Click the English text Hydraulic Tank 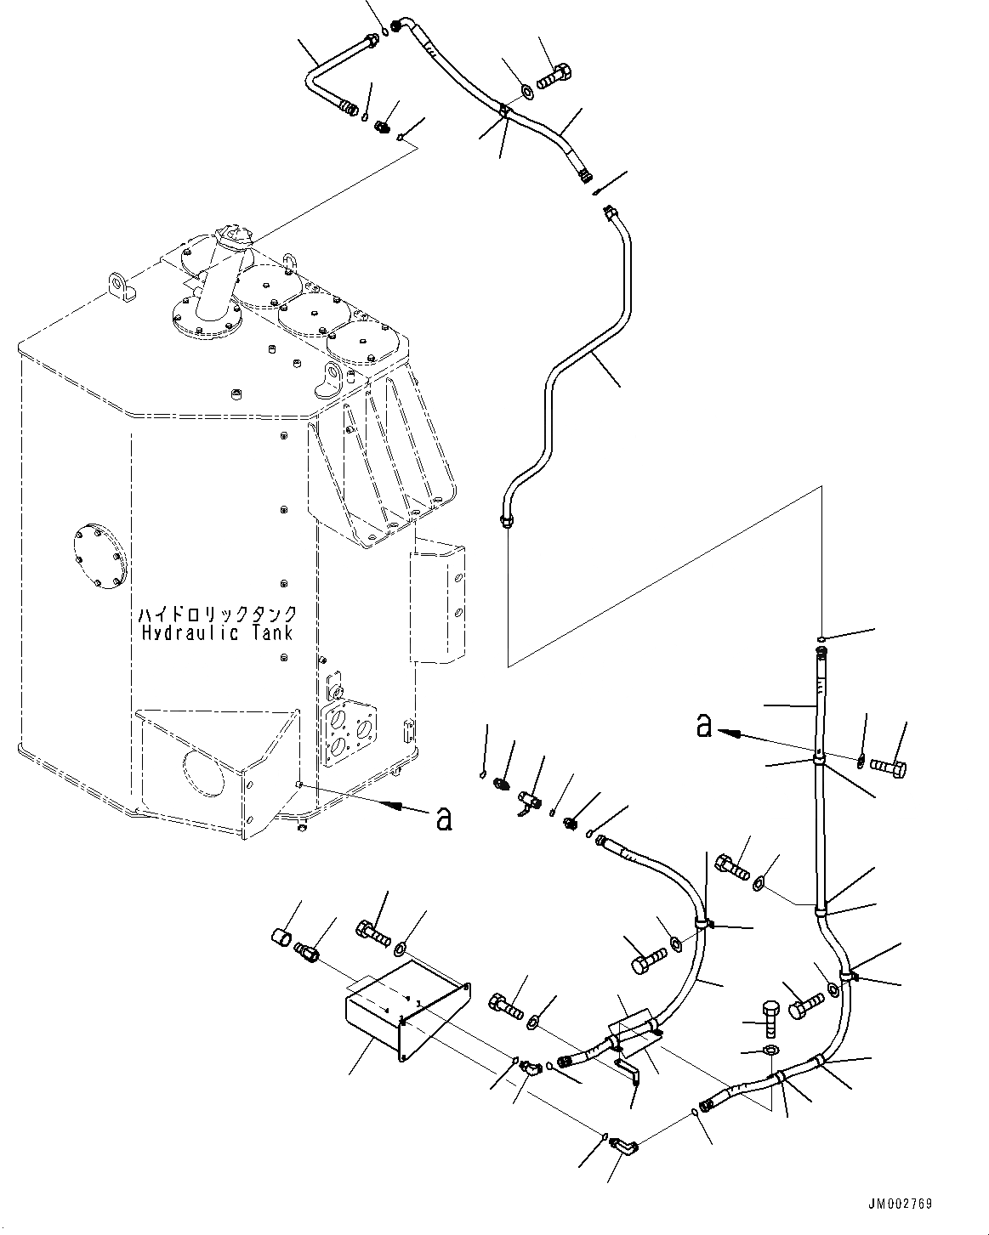pyautogui.click(x=218, y=633)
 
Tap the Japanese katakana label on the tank pyautogui.click(x=218, y=614)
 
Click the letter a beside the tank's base pyautogui.click(x=443, y=819)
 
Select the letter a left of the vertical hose pyautogui.click(x=703, y=725)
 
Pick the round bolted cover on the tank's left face pyautogui.click(x=102, y=556)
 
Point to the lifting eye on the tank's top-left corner pyautogui.click(x=122, y=286)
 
